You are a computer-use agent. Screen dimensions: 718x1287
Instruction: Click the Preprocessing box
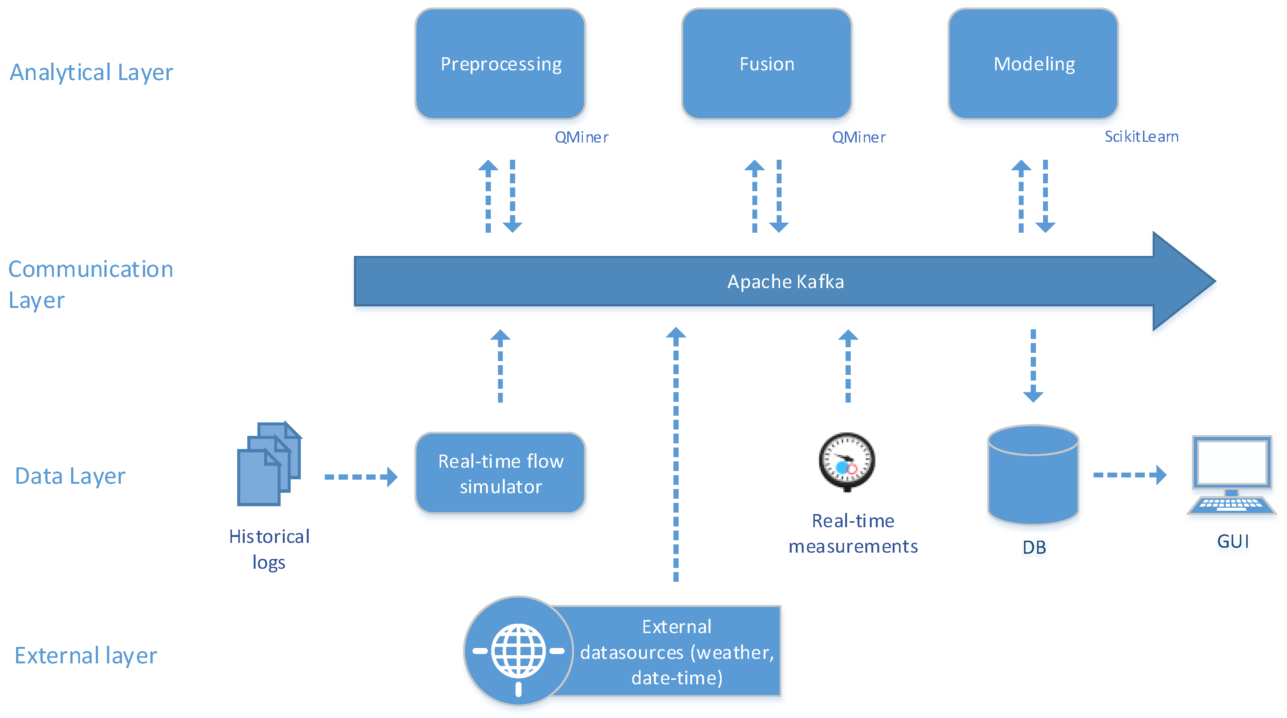pos(500,64)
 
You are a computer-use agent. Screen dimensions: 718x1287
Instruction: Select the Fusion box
pos(767,64)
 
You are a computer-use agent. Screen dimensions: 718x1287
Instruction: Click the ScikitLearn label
pos(1141,137)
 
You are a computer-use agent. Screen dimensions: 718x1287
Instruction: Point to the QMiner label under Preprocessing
pos(581,137)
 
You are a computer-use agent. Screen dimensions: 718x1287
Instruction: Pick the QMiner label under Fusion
pos(858,137)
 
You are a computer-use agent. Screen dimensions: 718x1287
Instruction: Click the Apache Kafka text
pos(785,282)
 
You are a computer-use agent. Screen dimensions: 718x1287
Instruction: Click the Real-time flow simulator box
pos(500,473)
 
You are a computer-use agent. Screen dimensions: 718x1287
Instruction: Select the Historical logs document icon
pos(269,464)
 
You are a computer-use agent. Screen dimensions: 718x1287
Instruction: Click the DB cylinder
pos(1033,475)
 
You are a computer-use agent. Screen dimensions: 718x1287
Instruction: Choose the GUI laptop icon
pos(1232,475)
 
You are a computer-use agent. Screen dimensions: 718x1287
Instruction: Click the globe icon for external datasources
pos(518,651)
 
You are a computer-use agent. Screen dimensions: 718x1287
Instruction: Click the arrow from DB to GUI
pos(1129,475)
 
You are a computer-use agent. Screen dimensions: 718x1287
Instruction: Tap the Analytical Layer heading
pos(91,73)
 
